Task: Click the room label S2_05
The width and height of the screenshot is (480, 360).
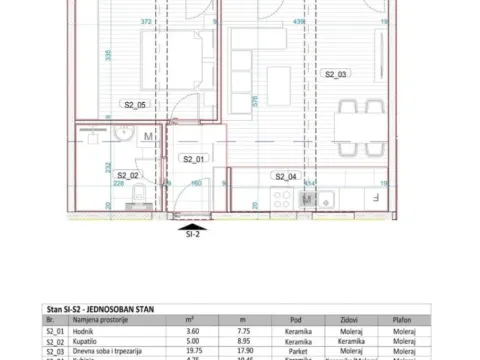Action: pyautogui.click(x=135, y=104)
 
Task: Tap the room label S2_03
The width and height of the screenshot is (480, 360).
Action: pyautogui.click(x=335, y=74)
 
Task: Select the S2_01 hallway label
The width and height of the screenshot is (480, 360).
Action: pyautogui.click(x=193, y=159)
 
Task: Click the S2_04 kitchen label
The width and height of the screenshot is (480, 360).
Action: pyautogui.click(x=286, y=175)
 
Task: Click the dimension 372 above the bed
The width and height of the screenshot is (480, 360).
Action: pyautogui.click(x=147, y=20)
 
